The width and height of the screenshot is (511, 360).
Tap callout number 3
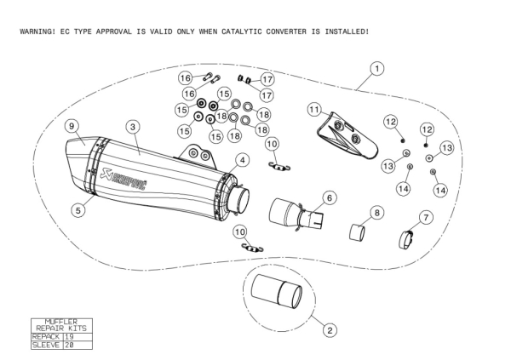(133, 126)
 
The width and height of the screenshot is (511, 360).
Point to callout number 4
(242, 159)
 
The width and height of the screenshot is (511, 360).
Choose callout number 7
(426, 217)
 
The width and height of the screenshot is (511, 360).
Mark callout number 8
(376, 211)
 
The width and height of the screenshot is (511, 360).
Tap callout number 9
(72, 127)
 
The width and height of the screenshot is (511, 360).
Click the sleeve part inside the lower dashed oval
(277, 294)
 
